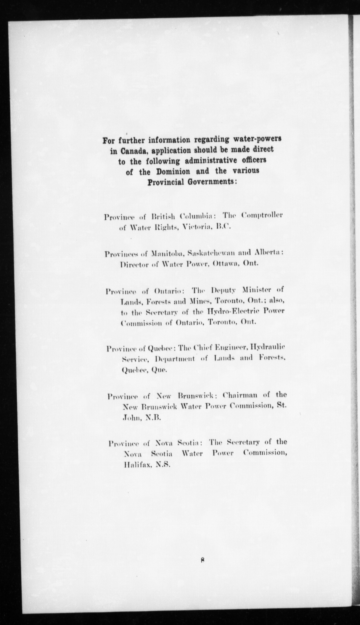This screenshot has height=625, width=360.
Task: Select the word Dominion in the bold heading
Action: (169, 172)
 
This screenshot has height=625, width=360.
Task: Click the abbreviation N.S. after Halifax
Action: (163, 465)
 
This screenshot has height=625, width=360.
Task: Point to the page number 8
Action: (203, 560)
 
